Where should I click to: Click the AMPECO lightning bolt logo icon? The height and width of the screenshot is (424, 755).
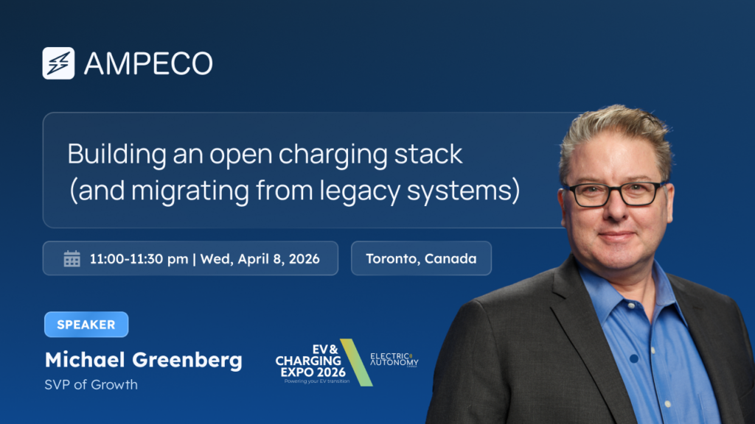click(58, 63)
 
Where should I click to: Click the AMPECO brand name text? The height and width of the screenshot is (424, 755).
click(148, 64)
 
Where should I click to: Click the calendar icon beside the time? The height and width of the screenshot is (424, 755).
click(72, 258)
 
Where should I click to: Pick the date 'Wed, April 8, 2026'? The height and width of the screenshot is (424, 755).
click(260, 259)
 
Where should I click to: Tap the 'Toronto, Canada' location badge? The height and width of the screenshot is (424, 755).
click(421, 258)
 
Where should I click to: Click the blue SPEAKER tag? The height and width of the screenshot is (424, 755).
click(86, 324)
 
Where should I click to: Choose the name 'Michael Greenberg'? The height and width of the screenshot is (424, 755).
click(143, 360)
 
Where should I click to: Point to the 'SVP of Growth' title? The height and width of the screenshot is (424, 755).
click(91, 384)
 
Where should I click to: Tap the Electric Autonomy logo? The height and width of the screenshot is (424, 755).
click(394, 360)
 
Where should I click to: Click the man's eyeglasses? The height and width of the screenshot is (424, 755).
click(613, 194)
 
